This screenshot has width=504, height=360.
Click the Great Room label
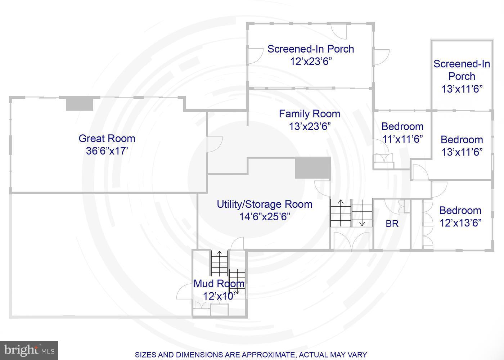pyautogui.click(x=107, y=138)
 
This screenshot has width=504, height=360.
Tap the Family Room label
pyautogui.click(x=310, y=114)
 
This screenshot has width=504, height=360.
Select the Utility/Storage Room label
pyautogui.click(x=265, y=204)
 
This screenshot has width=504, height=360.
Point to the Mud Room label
pyautogui.click(x=219, y=284)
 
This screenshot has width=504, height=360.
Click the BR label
pyautogui.click(x=392, y=224)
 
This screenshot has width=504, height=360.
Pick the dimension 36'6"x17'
pyautogui.click(x=107, y=151)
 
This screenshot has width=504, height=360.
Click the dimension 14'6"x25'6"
pyautogui.click(x=265, y=217)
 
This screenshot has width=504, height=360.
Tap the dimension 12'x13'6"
pyautogui.click(x=460, y=223)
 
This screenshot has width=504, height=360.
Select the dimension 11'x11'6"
pyautogui.click(x=403, y=139)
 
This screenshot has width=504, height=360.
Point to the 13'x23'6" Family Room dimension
pyautogui.click(x=310, y=126)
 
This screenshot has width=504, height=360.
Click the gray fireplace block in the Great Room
pyautogui.click(x=80, y=104)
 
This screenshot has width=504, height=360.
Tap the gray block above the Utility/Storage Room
pyautogui.click(x=313, y=168)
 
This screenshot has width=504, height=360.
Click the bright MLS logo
pyautogui.click(x=29, y=350)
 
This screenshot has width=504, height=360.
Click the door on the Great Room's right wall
pyautogui.click(x=215, y=144)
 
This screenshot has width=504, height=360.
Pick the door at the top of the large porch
pyautogui.click(x=339, y=32)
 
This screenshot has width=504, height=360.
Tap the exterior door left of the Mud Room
pyautogui.click(x=184, y=291)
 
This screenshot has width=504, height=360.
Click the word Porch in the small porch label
pyautogui.click(x=462, y=76)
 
